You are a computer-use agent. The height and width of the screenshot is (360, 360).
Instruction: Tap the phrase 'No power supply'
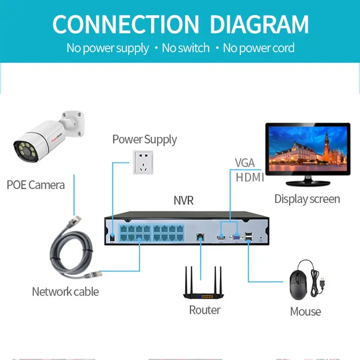tap(108, 48)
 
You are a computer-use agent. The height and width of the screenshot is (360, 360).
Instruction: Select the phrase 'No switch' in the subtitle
tap(185, 48)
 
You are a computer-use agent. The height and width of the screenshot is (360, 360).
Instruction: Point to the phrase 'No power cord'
tap(259, 48)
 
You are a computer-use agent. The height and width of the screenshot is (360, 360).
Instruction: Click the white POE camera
tap(45, 135)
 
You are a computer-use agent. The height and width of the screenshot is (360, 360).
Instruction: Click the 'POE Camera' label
tap(36, 184)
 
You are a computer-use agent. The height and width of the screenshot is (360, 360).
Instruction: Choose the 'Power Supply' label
tap(144, 139)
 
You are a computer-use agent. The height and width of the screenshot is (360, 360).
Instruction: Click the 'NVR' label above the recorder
tap(183, 200)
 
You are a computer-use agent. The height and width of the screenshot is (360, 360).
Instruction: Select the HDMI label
tap(250, 178)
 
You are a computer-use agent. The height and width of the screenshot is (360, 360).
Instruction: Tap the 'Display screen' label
tap(307, 199)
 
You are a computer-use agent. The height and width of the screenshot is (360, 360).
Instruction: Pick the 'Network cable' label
tap(65, 292)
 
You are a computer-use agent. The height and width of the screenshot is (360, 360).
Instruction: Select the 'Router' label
tap(205, 310)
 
